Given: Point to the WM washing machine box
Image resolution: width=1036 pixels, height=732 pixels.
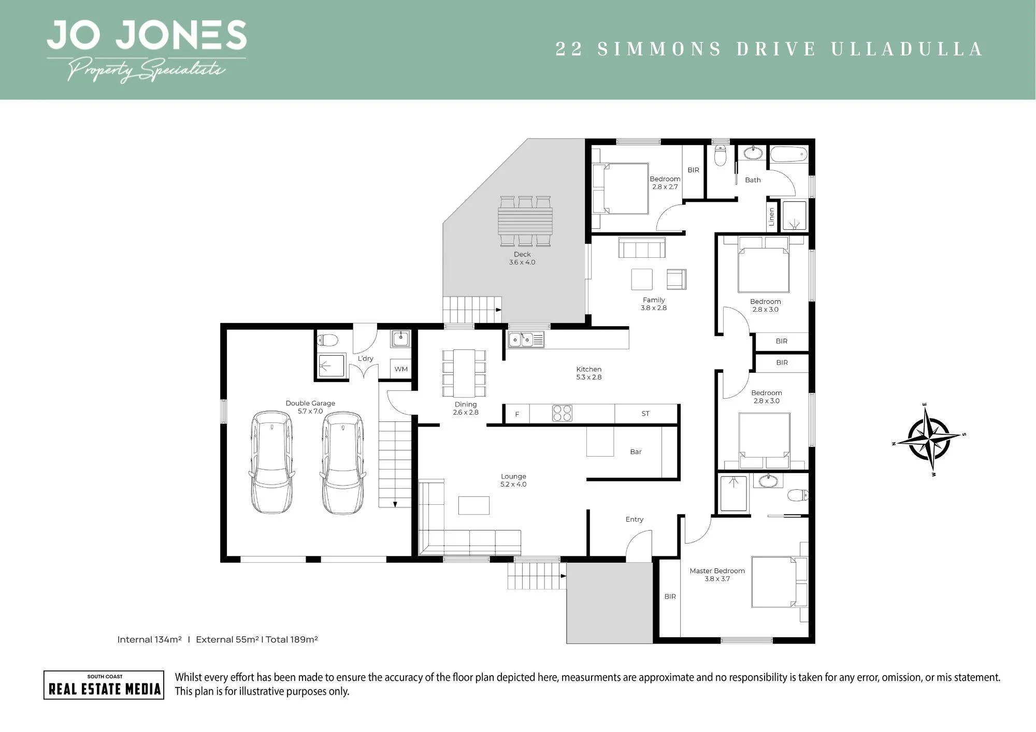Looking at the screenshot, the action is tap(401, 369).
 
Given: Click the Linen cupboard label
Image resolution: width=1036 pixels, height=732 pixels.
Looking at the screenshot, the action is tap(771, 216).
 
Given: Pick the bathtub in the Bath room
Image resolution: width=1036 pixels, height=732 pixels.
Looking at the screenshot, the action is tap(789, 154).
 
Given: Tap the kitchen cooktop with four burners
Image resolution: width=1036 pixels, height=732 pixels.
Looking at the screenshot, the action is tap(562, 413).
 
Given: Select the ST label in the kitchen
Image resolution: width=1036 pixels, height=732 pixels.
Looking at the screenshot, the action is tap(645, 414).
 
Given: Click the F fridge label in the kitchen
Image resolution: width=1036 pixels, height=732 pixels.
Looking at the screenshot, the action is tap(517, 414).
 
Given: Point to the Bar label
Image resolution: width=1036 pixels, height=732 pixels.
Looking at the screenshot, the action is tap(636, 452).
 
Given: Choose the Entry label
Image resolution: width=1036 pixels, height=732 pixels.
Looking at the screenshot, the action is tap(634, 519).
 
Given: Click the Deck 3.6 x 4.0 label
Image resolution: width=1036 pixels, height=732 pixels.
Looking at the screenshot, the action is tap(522, 258).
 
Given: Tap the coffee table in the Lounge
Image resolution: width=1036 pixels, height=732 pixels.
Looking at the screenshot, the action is tap(474, 505).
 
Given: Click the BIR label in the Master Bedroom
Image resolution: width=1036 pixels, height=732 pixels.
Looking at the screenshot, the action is tap(670, 596).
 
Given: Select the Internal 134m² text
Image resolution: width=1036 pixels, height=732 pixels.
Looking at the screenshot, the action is tap(149, 639).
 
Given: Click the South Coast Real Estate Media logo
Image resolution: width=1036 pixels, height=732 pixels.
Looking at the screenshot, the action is tap(104, 685).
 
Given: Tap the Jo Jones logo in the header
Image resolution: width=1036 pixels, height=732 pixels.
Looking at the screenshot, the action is tap(147, 51).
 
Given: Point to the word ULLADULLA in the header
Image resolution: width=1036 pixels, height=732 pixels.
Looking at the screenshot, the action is tap(907, 49).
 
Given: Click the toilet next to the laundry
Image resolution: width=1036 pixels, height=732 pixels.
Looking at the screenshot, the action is tap(327, 340).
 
